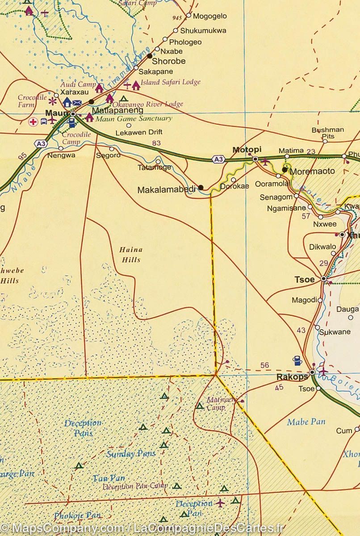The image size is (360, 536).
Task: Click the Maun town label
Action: click(x=56, y=113)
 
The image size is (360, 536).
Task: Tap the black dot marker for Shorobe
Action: click(x=150, y=56)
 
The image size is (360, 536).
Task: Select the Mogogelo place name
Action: click(x=209, y=16)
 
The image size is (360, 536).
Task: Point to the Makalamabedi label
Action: click(x=166, y=189)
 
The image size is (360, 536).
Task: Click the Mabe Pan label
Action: click(x=306, y=421)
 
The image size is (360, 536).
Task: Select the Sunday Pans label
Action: click(x=131, y=454)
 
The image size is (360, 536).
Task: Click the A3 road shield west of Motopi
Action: click(x=218, y=159)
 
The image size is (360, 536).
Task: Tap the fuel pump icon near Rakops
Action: click(x=296, y=360)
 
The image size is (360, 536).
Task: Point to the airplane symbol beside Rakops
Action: click(x=323, y=371)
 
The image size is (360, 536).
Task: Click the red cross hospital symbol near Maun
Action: click(x=33, y=121)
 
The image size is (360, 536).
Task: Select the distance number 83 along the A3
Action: click(x=156, y=143)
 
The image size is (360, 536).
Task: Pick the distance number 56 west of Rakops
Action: click(x=264, y=365)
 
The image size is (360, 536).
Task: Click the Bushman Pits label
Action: click(x=328, y=133)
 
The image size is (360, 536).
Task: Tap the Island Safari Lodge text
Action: click(x=170, y=82)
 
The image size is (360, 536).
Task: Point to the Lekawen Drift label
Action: click(x=138, y=132)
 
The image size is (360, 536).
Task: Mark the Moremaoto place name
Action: click(x=312, y=171)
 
